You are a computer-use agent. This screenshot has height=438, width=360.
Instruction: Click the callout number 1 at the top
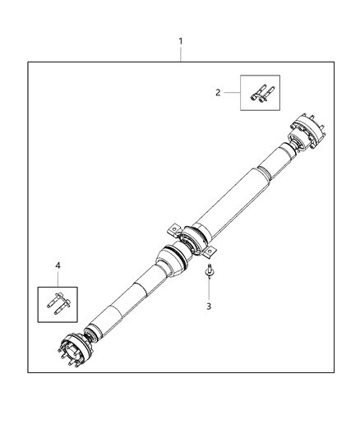point(181,40)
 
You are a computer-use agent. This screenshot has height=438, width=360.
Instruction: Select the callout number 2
point(218,93)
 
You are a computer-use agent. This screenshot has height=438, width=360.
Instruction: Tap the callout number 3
point(209,307)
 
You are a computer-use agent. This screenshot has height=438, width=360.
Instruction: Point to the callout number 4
point(58,265)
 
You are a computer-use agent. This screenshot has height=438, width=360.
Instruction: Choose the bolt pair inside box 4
point(57,303)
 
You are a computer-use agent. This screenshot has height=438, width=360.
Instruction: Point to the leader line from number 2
point(232,93)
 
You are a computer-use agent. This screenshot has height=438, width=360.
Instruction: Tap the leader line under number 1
point(181,53)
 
